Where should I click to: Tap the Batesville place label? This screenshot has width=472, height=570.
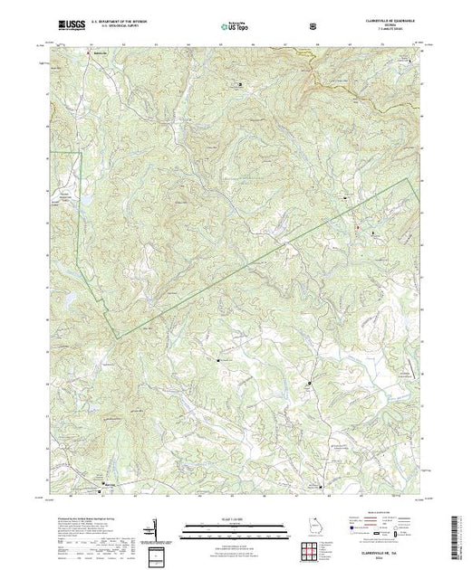click(100, 52)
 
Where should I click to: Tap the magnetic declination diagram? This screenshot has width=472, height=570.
click(155, 535)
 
